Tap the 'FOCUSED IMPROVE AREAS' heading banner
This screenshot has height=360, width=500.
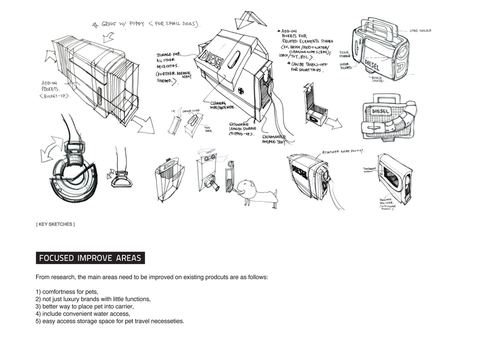click(x=90, y=258)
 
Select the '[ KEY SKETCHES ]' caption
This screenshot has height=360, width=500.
click(x=55, y=224)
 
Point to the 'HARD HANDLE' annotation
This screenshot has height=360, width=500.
click(x=420, y=31)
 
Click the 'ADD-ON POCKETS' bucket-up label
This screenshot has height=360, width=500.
click(x=55, y=89)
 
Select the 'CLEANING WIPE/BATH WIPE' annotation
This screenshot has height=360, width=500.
click(x=223, y=106)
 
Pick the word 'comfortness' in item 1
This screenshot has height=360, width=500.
click(x=59, y=292)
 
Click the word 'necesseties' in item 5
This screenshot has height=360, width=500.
click(x=167, y=321)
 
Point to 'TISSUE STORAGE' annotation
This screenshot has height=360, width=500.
click(x=345, y=54)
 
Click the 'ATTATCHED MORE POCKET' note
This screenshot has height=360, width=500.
click(x=342, y=152)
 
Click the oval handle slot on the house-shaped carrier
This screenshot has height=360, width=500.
click(x=234, y=59)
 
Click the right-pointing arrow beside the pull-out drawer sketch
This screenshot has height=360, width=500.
click(x=333, y=123)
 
